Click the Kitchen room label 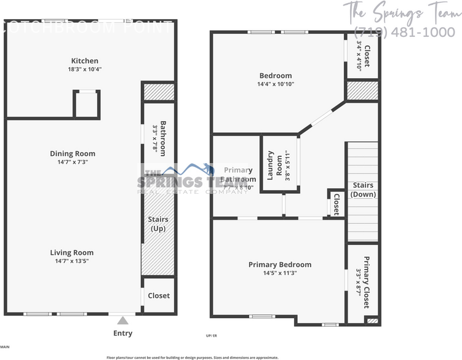tap(85, 60)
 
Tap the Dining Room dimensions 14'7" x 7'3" tap(73, 162)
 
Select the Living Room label tap(73, 252)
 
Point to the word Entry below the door tap(123, 334)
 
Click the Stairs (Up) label tap(159, 224)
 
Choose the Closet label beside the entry tap(159, 295)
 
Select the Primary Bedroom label tap(280, 265)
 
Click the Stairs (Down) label tap(363, 190)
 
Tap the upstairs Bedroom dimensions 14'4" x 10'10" tap(276, 84)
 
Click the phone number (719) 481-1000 tap(404, 32)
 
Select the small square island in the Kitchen tap(87, 103)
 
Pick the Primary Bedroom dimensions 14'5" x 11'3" tap(280, 273)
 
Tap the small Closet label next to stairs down tap(337, 204)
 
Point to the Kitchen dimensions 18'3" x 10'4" tap(85, 69)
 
